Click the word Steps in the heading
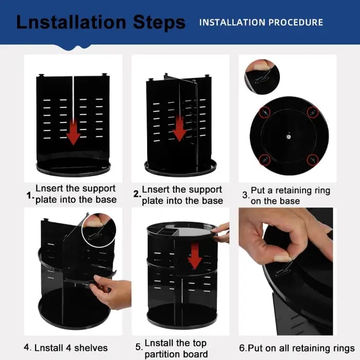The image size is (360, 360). [159, 23]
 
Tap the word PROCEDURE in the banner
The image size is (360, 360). [296, 23]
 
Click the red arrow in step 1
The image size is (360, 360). [73, 132]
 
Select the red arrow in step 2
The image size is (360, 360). [179, 129]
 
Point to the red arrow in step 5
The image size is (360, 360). [195, 256]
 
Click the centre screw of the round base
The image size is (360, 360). [289, 137]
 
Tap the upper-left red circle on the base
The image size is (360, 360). [264, 112]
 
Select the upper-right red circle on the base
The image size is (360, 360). [313, 112]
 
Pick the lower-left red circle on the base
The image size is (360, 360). [264, 159]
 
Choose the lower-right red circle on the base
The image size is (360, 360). [313, 159]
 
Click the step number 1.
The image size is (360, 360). [30, 195]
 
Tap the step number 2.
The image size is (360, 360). [137, 194]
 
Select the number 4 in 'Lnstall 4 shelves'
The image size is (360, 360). [68, 348]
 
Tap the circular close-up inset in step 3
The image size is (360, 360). [262, 77]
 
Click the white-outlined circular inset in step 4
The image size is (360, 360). [99, 230]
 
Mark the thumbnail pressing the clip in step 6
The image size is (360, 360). [282, 258]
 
